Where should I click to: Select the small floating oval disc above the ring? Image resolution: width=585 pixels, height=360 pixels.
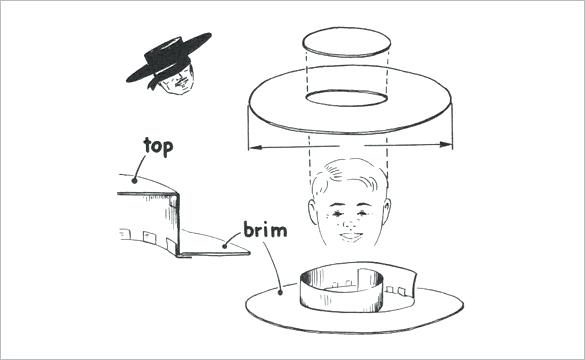click(x=345, y=43)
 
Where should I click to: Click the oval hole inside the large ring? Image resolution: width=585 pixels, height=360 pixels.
click(x=345, y=99)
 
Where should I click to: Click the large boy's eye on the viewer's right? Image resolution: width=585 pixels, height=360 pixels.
click(x=366, y=213)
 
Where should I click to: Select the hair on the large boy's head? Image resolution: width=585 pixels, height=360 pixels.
click(x=350, y=178)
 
